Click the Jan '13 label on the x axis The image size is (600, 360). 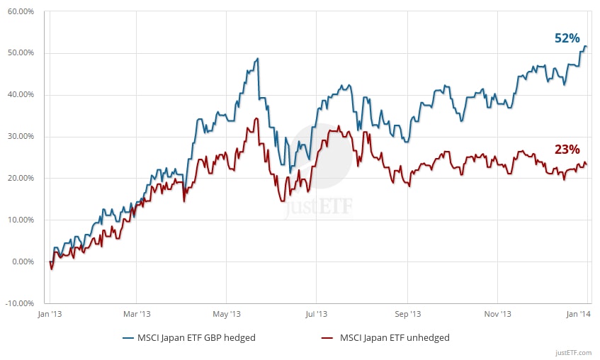pos(48,314)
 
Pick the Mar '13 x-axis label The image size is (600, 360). pos(137,314)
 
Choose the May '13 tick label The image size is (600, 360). pos(227,314)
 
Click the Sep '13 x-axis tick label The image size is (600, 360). pos(407,314)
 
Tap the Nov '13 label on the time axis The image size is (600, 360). pos(497,314)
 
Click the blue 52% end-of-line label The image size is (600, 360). pos(566,38)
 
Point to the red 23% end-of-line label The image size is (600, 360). pos(567,150)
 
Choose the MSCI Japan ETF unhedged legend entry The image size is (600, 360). pos(389,338)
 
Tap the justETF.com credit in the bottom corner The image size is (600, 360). pos(574,351)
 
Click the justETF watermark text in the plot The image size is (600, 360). pos(319,208)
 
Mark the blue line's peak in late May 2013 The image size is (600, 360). pos(258,58)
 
